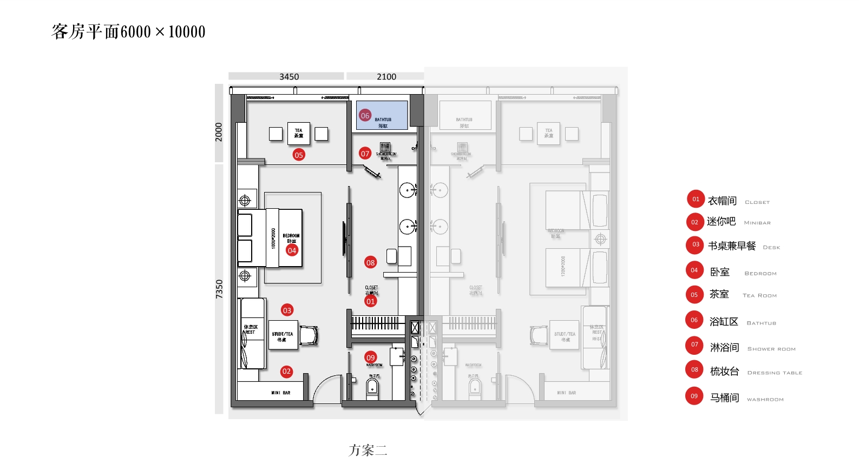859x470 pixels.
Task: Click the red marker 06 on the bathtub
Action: point(365,115)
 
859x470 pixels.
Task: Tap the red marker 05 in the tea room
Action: point(299,155)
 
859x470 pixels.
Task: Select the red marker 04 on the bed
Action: point(292,250)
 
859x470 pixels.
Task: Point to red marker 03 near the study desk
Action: point(287,310)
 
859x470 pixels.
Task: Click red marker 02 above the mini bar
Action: point(286,372)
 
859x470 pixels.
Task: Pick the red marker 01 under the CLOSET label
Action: point(370,301)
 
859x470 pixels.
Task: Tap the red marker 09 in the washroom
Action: point(370,358)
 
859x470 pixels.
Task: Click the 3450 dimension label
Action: point(289,77)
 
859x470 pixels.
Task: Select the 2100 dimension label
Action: point(386,77)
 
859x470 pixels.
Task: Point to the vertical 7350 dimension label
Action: point(219,289)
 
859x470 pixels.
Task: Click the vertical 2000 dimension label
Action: point(219,132)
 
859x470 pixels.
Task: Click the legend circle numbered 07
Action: point(694,345)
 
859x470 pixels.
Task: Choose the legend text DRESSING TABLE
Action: point(775,373)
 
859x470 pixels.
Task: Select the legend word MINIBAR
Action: point(757,223)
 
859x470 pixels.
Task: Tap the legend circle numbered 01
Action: point(696,199)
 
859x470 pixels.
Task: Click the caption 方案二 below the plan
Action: point(368,450)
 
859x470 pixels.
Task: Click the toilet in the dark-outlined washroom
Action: point(372,388)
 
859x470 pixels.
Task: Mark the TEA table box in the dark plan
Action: point(299,133)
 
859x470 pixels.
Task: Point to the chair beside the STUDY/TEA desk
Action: point(309,335)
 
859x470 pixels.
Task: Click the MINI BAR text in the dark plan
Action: point(281,393)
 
